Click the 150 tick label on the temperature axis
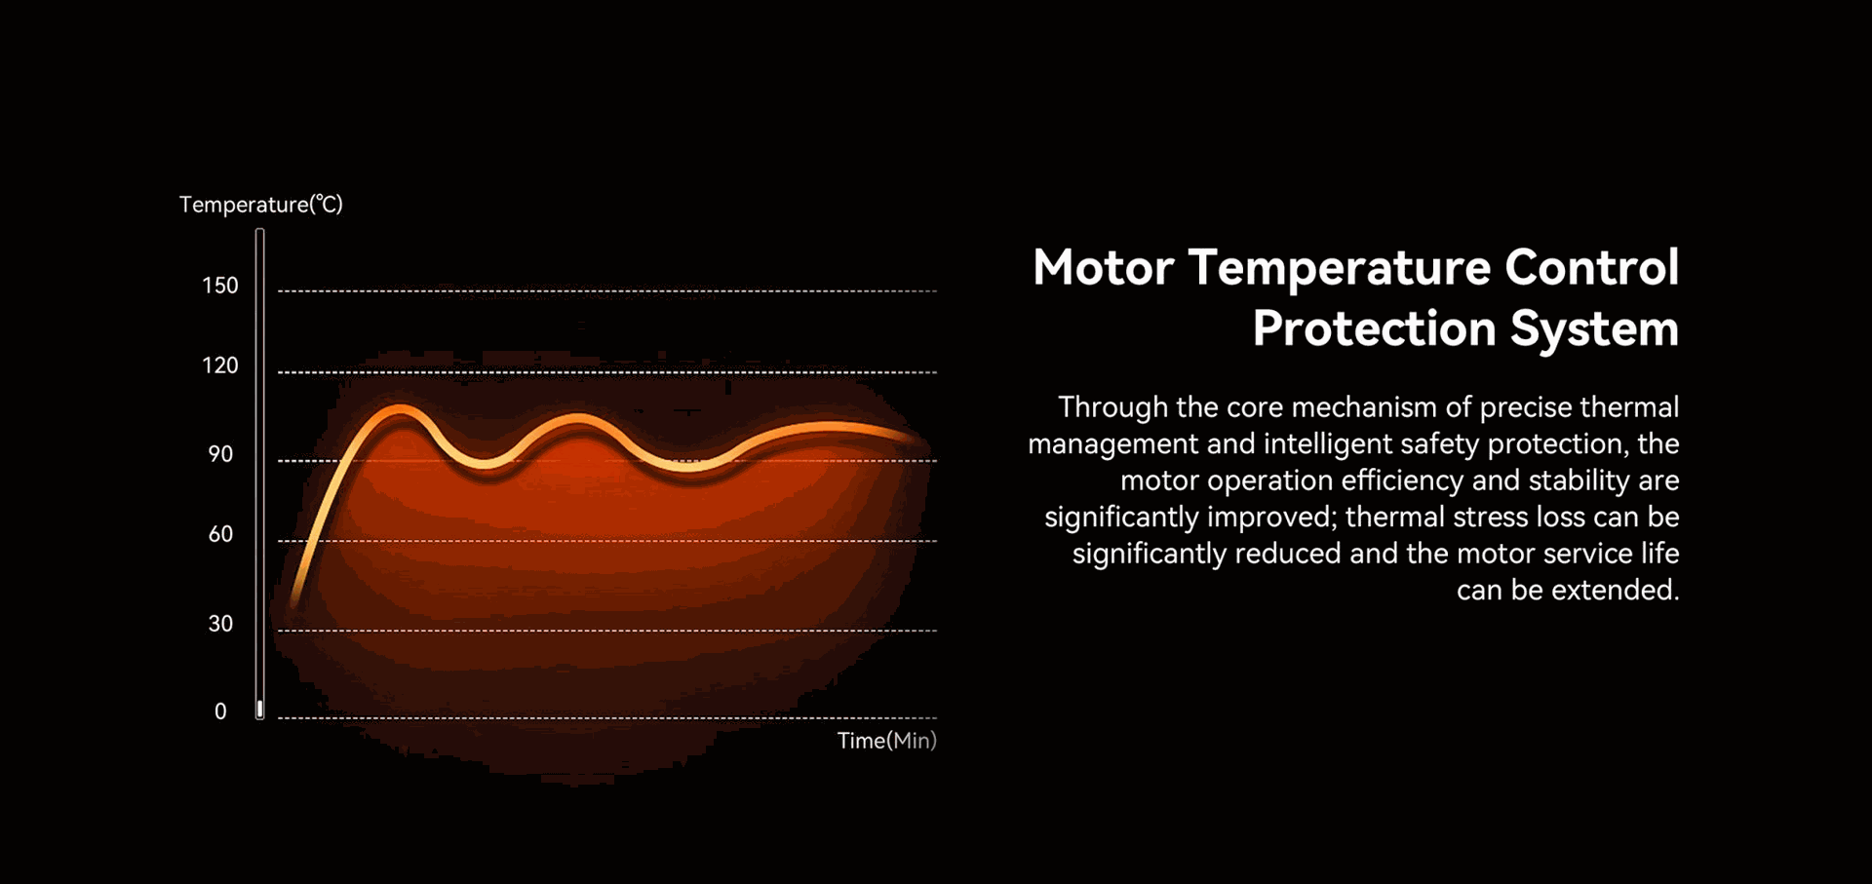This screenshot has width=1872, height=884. pyautogui.click(x=219, y=286)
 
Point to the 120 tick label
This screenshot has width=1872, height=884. pyautogui.click(x=219, y=365)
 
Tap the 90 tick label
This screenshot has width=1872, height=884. pyautogui.click(x=220, y=454)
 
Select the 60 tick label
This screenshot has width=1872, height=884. pyautogui.click(x=220, y=534)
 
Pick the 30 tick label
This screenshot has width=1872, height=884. pyautogui.click(x=220, y=624)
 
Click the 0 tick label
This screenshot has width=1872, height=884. pyautogui.click(x=220, y=711)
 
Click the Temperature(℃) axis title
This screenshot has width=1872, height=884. pyautogui.click(x=261, y=205)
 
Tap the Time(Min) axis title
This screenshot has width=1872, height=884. pyautogui.click(x=887, y=741)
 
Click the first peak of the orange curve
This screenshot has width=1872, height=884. pyautogui.click(x=400, y=409)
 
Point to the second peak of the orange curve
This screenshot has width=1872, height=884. pyautogui.click(x=579, y=421)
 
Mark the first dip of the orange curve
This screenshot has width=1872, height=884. pyautogui.click(x=485, y=464)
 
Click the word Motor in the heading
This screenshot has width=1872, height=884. pyautogui.click(x=1103, y=268)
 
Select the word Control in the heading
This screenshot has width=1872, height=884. pyautogui.click(x=1591, y=268)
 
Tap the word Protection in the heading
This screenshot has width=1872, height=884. pyautogui.click(x=1374, y=328)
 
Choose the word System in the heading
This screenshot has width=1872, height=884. pyautogui.click(x=1595, y=329)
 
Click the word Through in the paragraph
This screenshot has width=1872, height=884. pyautogui.click(x=1113, y=407)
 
